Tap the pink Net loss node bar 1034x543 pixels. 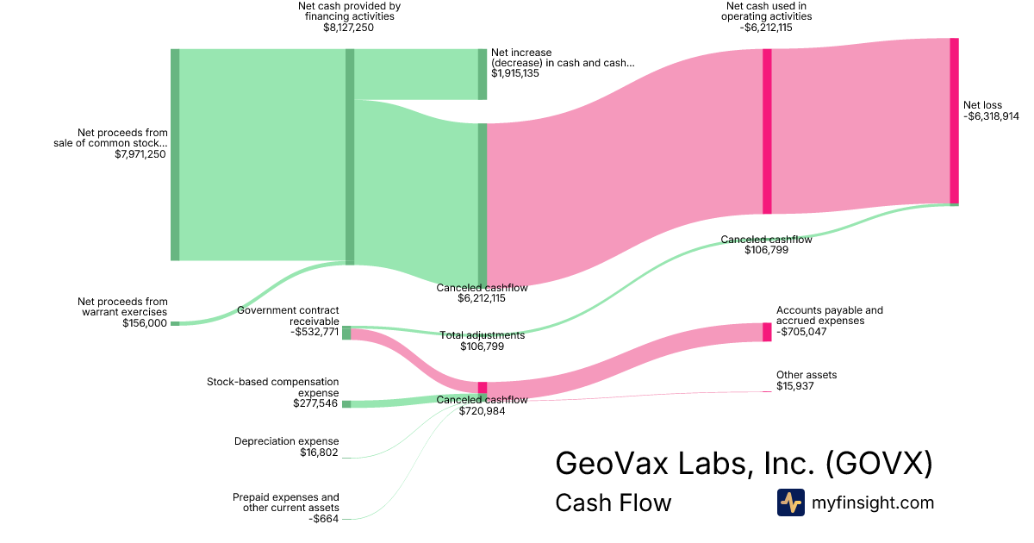coord(954,121)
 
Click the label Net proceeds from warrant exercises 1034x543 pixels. coord(122,307)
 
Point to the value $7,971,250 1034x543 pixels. coord(140,154)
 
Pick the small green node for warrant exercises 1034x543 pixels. coord(175,323)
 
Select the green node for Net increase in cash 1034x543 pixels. coord(483,74)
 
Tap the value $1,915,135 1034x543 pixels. coord(515,73)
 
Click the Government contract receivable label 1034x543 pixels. coord(289,315)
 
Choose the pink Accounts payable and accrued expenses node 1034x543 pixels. coord(767,332)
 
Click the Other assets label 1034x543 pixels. coord(807,375)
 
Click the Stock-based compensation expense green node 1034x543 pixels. coord(346,404)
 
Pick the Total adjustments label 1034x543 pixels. coord(483,335)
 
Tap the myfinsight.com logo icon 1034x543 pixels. coord(790,502)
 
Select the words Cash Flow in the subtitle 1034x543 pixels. coord(613,502)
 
